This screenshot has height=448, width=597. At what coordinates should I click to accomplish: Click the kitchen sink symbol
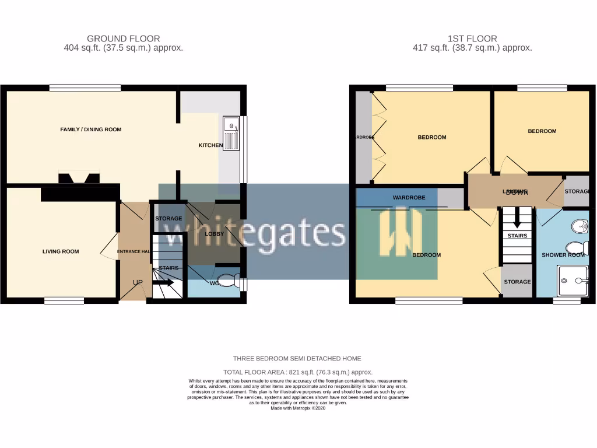231,132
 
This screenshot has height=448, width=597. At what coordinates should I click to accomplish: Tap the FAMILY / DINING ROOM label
91,129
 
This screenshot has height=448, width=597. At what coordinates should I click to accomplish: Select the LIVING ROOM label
61,252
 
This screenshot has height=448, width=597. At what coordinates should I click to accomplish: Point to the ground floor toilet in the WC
231,281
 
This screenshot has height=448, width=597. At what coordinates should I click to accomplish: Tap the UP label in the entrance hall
138,282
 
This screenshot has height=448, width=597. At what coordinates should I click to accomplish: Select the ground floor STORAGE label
168,219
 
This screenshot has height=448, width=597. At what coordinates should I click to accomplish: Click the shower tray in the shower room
572,281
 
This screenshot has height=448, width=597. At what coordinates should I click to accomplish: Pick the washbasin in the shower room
580,226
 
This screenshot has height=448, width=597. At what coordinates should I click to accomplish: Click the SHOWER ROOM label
563,255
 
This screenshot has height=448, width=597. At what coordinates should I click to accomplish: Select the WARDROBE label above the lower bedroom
409,198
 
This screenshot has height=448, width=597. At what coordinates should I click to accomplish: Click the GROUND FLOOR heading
123,38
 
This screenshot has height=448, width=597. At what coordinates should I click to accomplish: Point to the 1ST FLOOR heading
472,38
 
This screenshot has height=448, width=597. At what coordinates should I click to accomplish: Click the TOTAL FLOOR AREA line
298,372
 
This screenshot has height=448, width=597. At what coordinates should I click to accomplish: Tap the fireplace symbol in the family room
79,177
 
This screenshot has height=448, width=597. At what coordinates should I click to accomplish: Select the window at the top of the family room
85,88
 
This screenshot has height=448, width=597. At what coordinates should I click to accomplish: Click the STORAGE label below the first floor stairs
517,282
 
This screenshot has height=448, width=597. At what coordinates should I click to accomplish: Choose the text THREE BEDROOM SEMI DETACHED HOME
297,359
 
